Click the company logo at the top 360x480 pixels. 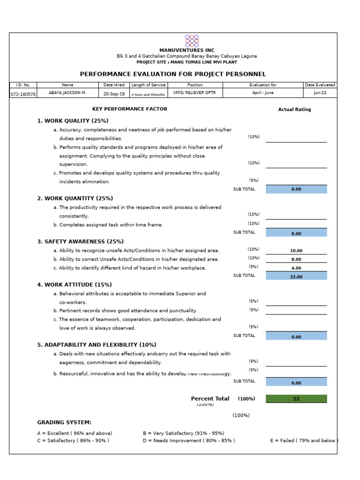tap(191, 41)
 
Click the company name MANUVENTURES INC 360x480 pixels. tap(187, 50)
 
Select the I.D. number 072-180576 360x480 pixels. tap(23, 94)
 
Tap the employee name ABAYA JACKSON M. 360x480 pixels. tap(67, 93)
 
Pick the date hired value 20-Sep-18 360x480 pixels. tap(114, 94)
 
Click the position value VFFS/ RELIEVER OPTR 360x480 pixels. tap(187, 93)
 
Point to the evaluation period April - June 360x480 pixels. tap(263, 93)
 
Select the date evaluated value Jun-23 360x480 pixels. tap(320, 93)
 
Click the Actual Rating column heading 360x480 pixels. tap(294, 110)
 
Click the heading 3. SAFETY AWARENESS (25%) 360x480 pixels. tap(80, 241)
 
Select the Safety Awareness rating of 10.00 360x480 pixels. tap(296, 251)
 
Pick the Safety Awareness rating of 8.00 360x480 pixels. tap(296, 259)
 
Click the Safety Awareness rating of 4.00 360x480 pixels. tap(296, 268)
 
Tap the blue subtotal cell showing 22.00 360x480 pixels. tap(296, 277)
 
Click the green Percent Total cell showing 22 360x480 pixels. tap(296, 399)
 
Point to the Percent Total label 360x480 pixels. tap(210, 399)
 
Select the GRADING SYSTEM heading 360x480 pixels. tap(64, 422)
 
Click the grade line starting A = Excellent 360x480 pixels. tap(75, 433)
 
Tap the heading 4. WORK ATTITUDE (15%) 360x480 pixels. tap(74, 285)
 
